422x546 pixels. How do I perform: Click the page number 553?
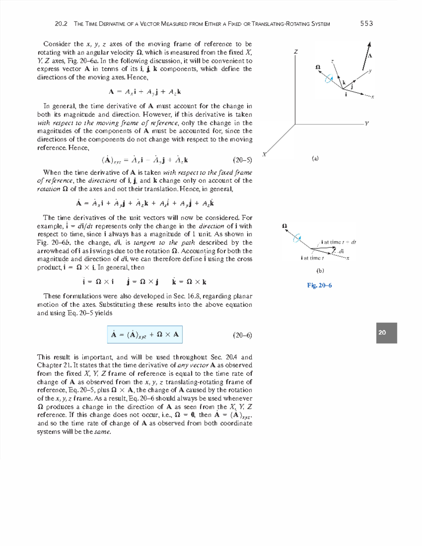point(366,24)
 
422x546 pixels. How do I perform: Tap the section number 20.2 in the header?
point(61,24)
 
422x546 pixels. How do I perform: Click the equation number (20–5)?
point(243,160)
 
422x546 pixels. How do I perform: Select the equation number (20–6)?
point(243,335)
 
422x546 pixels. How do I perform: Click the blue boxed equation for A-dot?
point(145,335)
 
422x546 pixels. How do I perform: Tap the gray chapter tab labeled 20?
point(386,333)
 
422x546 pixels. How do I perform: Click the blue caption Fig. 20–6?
point(319,285)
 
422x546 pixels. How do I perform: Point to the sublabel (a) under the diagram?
point(315,159)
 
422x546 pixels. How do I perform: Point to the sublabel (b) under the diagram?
point(320,271)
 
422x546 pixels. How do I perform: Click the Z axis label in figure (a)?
point(296,52)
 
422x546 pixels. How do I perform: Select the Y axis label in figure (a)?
point(367,124)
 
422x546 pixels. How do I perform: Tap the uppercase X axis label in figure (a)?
point(265,154)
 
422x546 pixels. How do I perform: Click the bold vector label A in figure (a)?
point(370,56)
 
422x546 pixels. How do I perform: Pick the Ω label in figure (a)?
point(318,67)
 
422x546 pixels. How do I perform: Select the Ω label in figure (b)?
point(285,226)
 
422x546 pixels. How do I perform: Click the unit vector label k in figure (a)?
point(344,83)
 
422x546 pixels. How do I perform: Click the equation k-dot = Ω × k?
point(189,282)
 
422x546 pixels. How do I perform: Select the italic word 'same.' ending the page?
point(103,432)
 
